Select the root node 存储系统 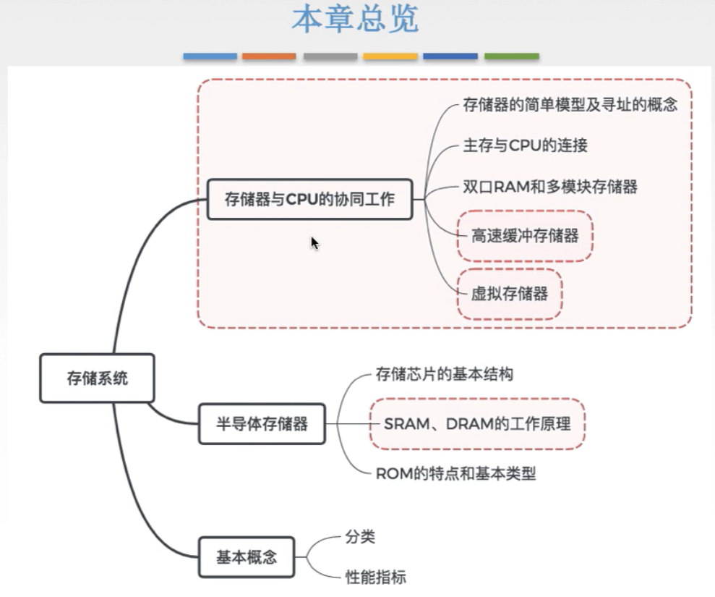(97, 378)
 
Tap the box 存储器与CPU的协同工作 (309, 199)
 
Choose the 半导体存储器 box (262, 423)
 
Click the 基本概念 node (246, 558)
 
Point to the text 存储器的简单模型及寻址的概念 (570, 106)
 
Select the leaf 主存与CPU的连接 (525, 145)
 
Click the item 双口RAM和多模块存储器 (549, 187)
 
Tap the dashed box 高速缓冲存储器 (525, 236)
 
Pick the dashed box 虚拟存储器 (510, 294)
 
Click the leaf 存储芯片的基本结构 (445, 375)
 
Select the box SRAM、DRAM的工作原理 (477, 423)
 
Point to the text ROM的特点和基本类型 (455, 475)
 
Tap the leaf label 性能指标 (375, 577)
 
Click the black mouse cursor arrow (314, 243)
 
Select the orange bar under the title (269, 56)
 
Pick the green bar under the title (511, 56)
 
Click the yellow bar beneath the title (390, 56)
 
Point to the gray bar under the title (330, 56)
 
